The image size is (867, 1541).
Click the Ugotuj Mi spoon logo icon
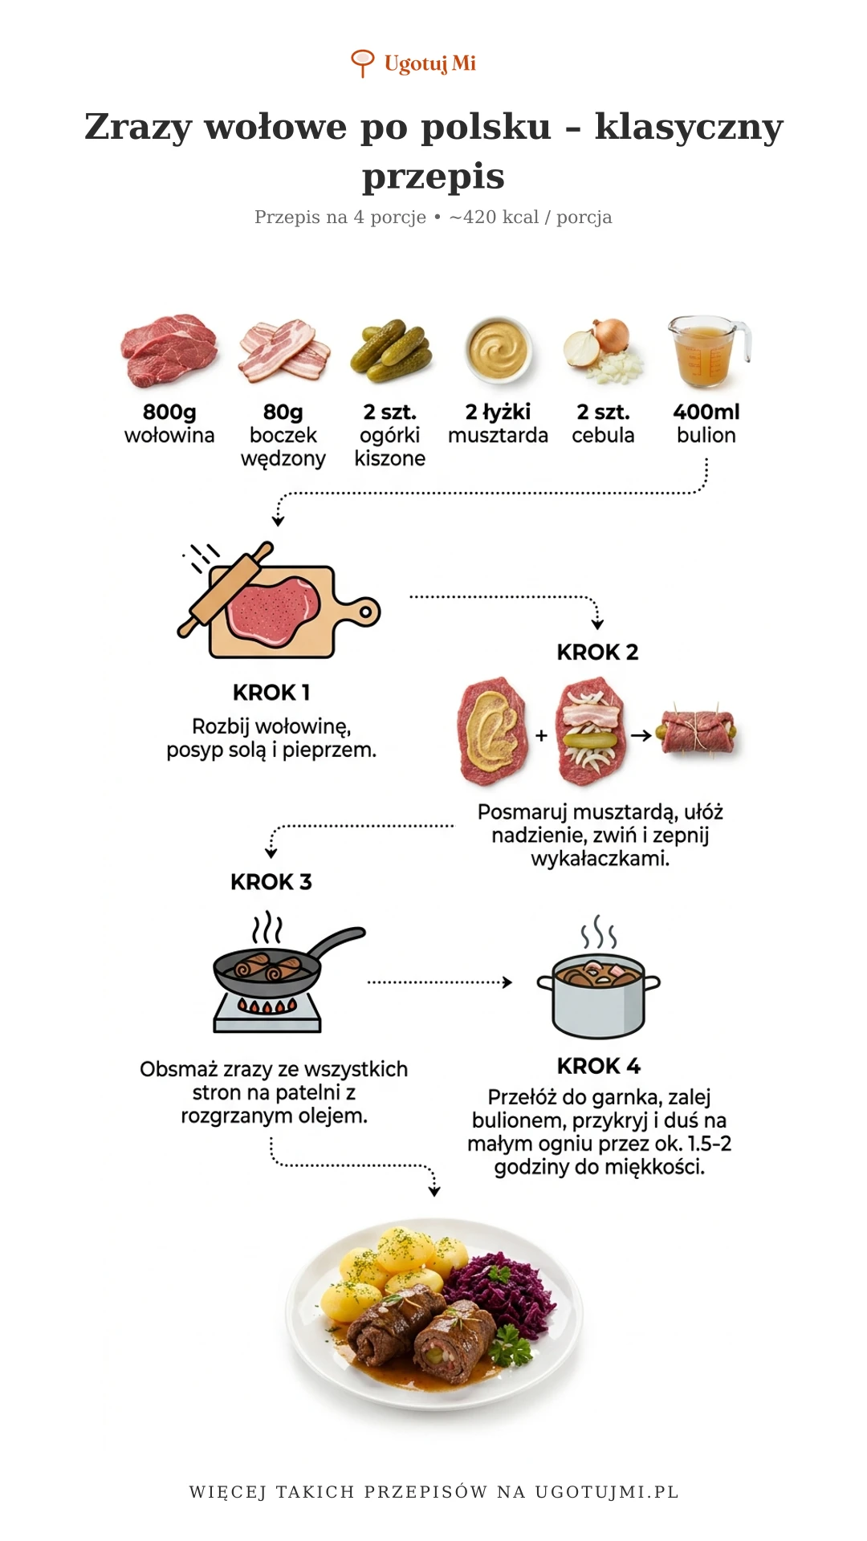tap(363, 63)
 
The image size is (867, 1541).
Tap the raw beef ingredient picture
tap(169, 350)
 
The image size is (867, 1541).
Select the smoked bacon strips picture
tap(284, 351)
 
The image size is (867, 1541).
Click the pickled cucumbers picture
tap(391, 350)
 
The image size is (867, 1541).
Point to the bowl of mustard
tap(499, 349)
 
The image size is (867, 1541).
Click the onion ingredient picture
tap(604, 351)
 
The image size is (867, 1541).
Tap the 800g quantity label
tap(169, 412)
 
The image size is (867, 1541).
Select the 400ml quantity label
tap(706, 412)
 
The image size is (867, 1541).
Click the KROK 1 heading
tap(271, 692)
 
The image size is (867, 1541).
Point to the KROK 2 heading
tap(598, 652)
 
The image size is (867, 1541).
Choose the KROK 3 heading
tap(271, 881)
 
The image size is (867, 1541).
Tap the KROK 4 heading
tap(599, 1066)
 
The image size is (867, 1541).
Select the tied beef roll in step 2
tap(697, 731)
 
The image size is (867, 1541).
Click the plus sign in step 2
tap(542, 734)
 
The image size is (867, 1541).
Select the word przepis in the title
tap(433, 176)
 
